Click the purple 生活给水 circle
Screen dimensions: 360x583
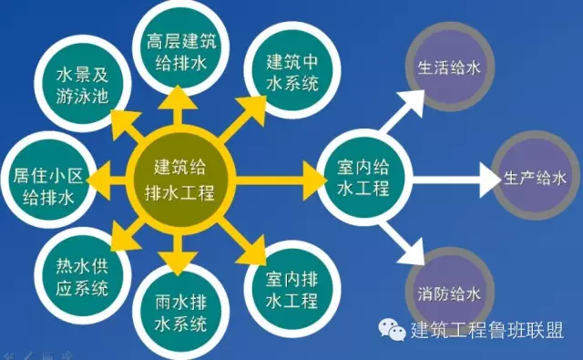click(446, 66)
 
